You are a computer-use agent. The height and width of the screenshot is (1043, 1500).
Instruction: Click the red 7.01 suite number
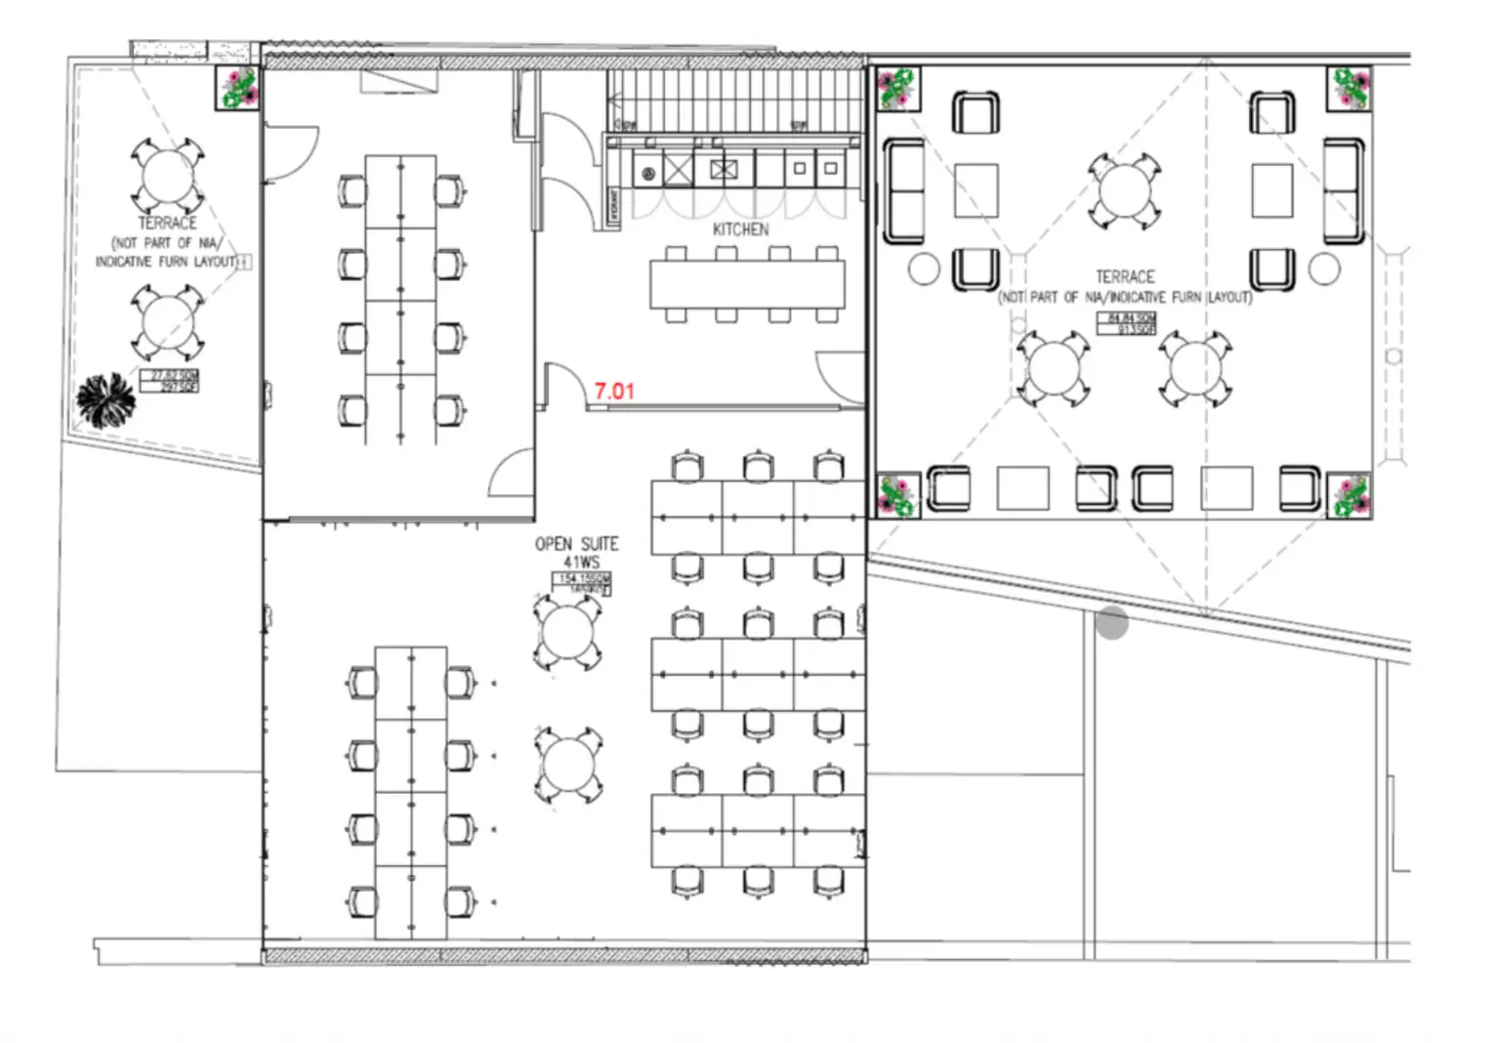point(614,391)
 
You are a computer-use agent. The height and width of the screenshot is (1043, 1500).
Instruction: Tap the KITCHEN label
point(740,229)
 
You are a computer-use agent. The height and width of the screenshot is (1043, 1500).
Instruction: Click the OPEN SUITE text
point(576,544)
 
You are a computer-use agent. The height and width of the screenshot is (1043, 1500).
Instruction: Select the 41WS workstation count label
point(581,563)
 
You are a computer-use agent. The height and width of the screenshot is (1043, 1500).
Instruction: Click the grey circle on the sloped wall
point(1111,622)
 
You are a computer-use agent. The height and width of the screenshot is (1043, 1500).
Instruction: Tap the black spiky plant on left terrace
point(105,399)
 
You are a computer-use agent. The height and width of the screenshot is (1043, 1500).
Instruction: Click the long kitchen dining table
point(747,285)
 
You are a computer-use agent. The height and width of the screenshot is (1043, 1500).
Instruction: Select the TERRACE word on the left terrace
point(167,224)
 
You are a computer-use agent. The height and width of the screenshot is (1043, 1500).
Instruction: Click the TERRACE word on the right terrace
point(1125,277)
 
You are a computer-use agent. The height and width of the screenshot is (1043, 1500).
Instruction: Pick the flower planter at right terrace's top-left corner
point(896,88)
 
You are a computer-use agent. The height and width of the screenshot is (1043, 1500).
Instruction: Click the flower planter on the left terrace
point(237,88)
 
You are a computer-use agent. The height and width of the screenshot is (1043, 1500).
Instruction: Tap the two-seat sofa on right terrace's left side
point(904,191)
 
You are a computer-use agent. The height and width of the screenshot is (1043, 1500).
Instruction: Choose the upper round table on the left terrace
point(168,176)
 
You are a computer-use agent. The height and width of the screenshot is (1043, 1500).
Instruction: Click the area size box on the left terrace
point(170,381)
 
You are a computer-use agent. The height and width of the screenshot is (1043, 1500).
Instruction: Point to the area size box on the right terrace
point(1128,324)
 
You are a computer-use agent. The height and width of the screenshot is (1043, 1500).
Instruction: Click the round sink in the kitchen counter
point(647,174)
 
